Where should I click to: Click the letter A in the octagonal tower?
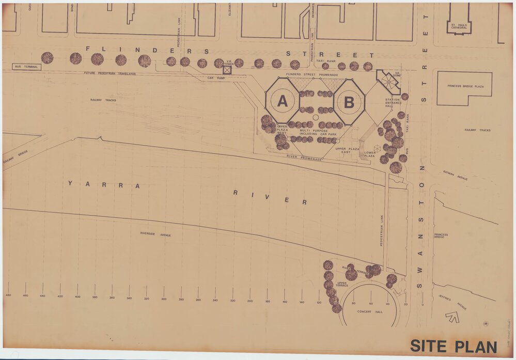click(283, 101)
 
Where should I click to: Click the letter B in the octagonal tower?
click(349, 102)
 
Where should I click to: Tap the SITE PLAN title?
click(453, 347)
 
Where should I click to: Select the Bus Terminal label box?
click(27, 67)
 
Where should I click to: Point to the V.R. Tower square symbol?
click(227, 70)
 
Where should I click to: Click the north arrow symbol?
click(452, 316)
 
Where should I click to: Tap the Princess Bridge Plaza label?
click(465, 86)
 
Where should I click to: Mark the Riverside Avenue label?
click(155, 234)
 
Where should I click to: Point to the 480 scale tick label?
click(8, 295)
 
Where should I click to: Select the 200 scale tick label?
click(250, 301)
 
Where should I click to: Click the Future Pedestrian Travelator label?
click(110, 73)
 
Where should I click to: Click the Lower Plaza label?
click(369, 154)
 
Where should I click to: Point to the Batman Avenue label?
click(455, 175)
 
